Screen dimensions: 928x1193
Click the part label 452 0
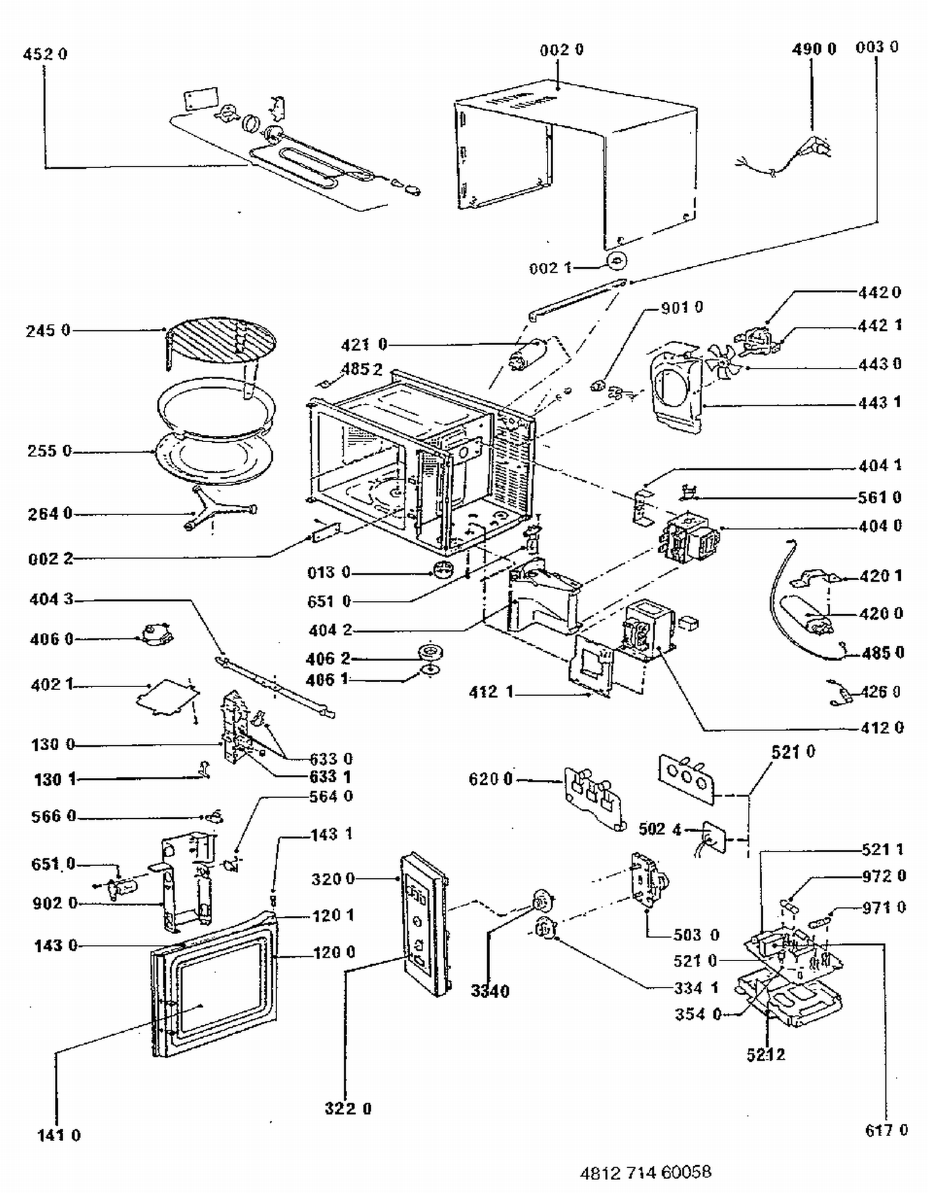coord(45,54)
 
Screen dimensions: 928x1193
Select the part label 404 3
coord(51,599)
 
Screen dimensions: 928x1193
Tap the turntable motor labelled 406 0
coord(155,635)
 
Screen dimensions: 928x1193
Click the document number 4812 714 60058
coord(645,1172)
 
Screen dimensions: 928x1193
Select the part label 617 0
coord(886,1131)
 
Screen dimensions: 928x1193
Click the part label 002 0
coord(562,50)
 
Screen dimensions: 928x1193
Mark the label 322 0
coord(348,1108)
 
